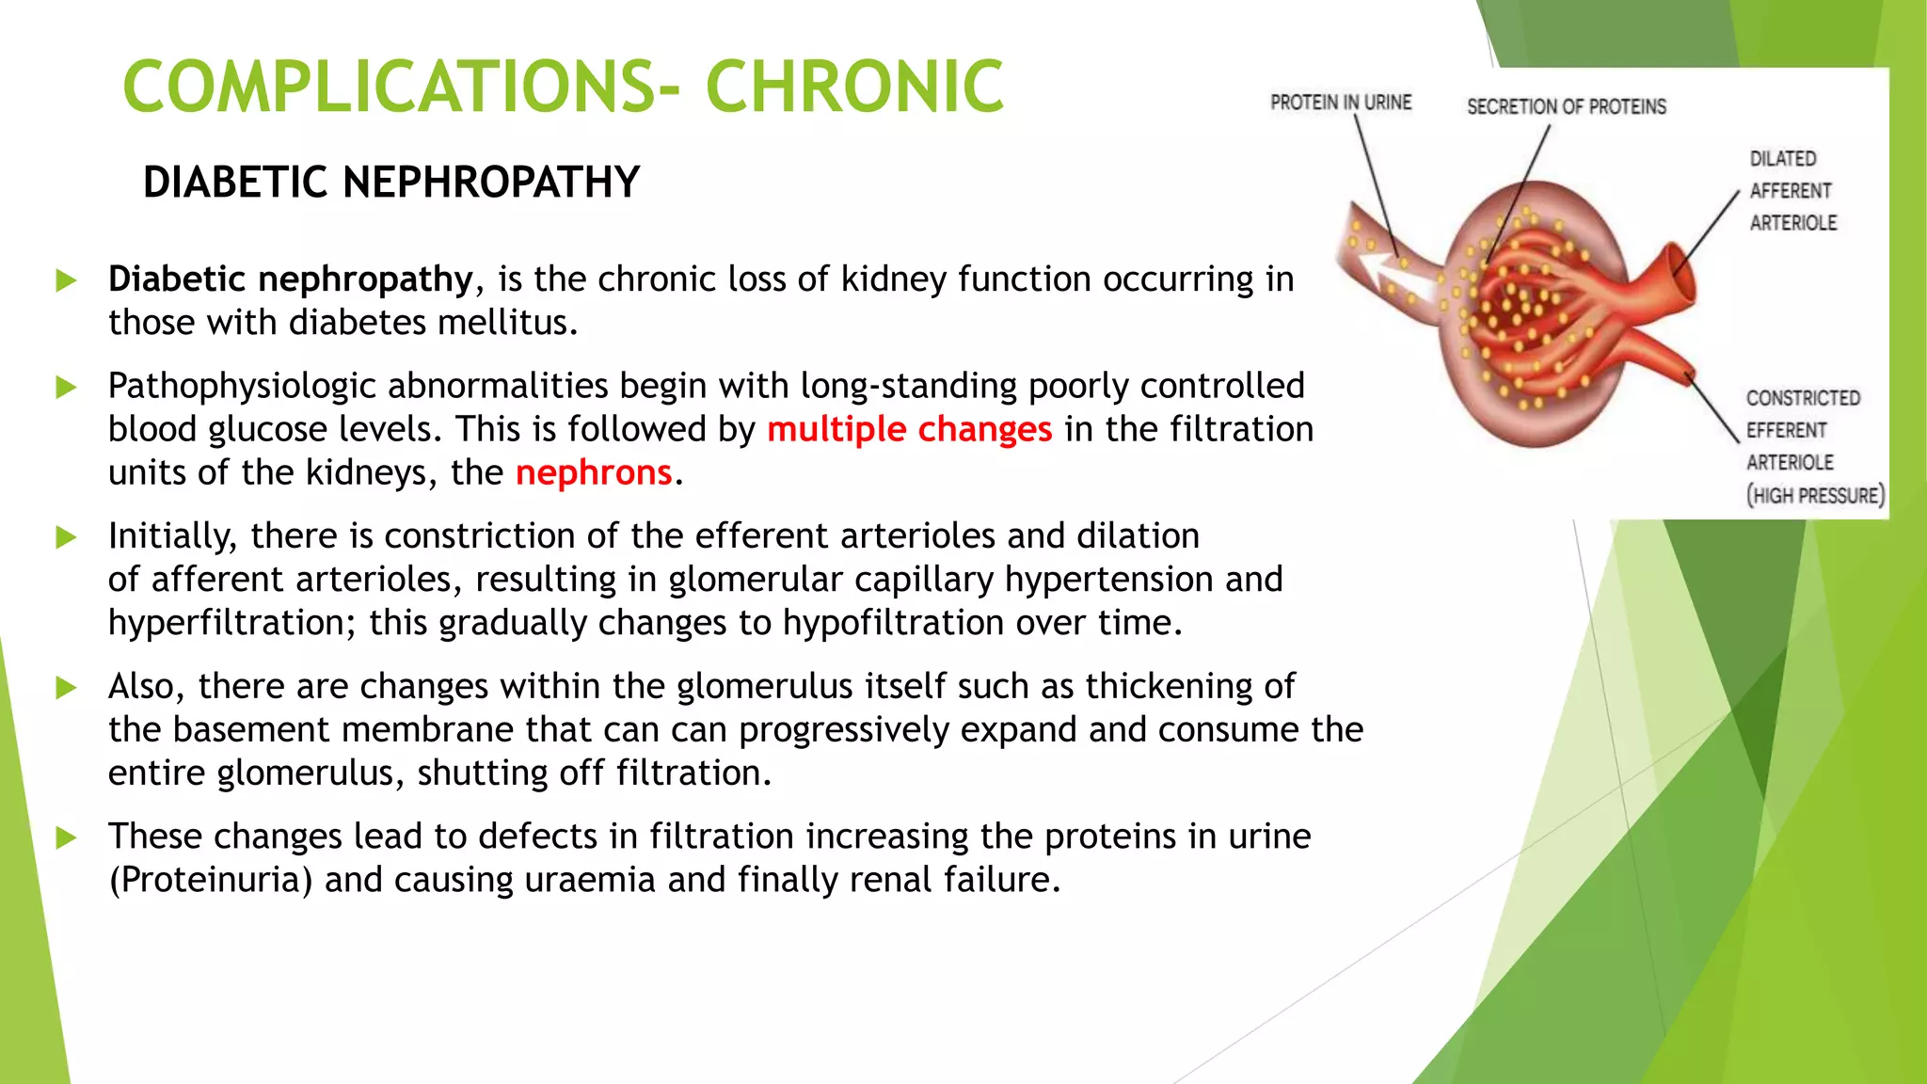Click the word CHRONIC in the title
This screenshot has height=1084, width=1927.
click(x=854, y=87)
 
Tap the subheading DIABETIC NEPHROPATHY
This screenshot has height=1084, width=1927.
click(x=390, y=182)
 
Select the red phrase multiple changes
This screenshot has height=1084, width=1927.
click(x=909, y=429)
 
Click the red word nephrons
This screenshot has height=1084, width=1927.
click(x=594, y=472)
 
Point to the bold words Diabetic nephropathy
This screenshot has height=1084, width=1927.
click(x=290, y=279)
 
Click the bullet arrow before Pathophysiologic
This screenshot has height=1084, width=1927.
click(x=66, y=387)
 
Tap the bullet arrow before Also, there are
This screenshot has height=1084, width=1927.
click(x=66, y=687)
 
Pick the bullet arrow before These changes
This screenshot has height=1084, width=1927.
click(x=66, y=837)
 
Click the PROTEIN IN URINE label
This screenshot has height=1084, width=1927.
click(x=1340, y=102)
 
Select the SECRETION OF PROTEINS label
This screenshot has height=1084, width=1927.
click(x=1566, y=106)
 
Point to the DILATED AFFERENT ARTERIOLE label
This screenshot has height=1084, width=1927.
click(x=1792, y=191)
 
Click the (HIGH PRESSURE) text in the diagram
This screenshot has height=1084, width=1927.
click(x=1815, y=495)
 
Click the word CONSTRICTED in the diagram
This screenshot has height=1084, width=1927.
click(x=1803, y=398)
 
